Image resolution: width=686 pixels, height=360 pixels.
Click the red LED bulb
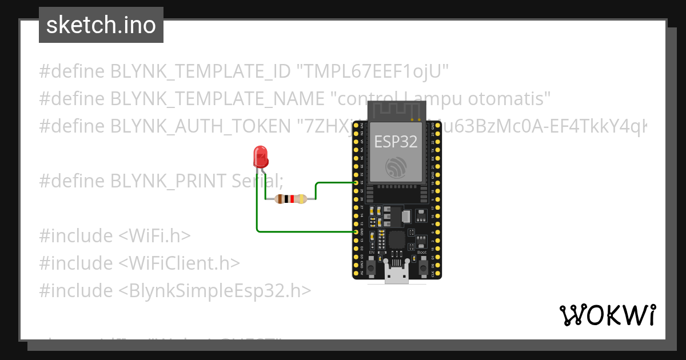point(260,155)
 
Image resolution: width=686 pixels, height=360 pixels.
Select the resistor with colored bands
point(291,199)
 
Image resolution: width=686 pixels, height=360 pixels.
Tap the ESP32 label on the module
point(396,142)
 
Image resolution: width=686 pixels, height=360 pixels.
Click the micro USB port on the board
point(397,275)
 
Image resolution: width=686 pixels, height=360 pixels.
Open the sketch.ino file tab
point(101,25)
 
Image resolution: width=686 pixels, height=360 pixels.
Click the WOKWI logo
point(607,315)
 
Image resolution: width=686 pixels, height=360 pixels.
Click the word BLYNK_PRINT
point(169,181)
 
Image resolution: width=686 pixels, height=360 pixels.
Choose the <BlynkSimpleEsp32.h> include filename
point(216,291)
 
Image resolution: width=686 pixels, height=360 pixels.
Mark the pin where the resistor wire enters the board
point(356,183)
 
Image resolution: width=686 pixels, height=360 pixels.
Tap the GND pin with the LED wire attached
point(356,232)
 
